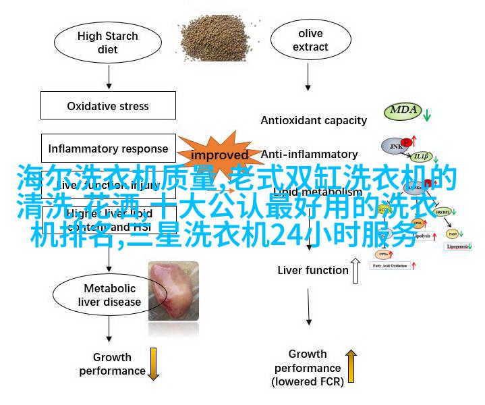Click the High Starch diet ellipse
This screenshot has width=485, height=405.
107,43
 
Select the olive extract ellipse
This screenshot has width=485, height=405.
311,40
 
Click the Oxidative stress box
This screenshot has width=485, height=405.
108,106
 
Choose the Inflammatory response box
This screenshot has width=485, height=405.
108,148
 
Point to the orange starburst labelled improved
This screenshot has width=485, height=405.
219,155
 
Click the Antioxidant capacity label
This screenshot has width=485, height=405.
314,121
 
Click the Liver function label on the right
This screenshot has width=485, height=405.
313,271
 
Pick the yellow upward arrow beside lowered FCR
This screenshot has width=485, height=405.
350,364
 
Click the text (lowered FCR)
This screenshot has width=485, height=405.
308,382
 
